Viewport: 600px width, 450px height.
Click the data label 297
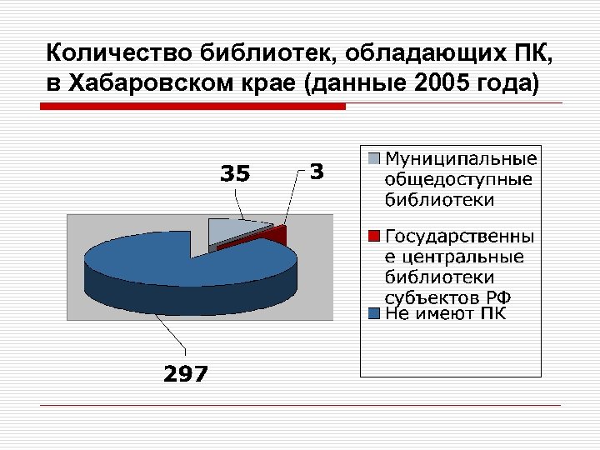coord(185,374)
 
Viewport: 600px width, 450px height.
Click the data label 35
coord(234,174)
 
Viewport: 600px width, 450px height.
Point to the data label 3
coord(317,172)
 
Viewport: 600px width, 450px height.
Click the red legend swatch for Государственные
coord(374,235)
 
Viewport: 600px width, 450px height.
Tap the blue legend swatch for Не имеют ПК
coord(374,314)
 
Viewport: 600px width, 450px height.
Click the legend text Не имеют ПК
coord(445,314)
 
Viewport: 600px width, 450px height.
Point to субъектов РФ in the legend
coord(447,297)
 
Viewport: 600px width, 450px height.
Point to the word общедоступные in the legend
coord(458,178)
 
